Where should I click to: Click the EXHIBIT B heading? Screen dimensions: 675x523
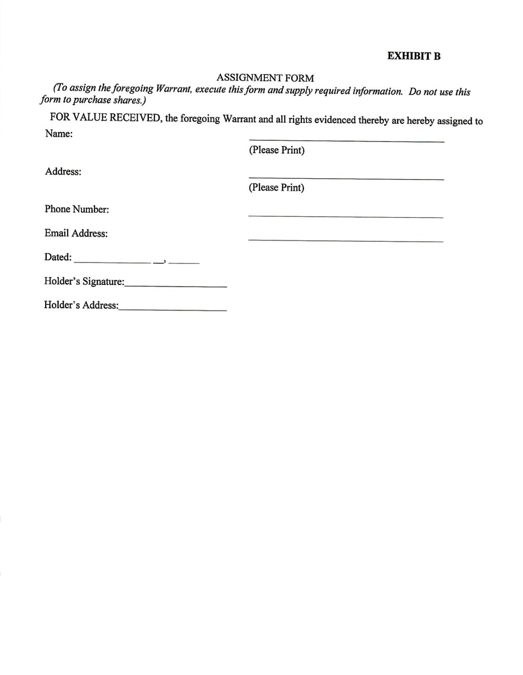(x=414, y=56)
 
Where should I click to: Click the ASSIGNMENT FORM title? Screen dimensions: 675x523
(x=265, y=78)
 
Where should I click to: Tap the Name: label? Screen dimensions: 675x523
(x=59, y=134)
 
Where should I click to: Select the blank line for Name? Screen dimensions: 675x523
(x=346, y=141)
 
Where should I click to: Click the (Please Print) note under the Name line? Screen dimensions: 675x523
(x=277, y=150)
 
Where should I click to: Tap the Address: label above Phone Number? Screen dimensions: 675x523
(x=63, y=171)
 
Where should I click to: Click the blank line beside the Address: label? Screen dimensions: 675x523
(x=346, y=179)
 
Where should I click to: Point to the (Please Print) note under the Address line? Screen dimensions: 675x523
(x=276, y=188)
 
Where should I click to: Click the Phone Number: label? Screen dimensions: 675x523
(x=77, y=209)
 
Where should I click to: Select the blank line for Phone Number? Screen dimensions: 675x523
(x=346, y=217)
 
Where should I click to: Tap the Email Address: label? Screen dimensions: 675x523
(x=76, y=233)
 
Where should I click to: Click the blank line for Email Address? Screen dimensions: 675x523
(x=346, y=241)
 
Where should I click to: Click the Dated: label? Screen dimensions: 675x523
(x=58, y=257)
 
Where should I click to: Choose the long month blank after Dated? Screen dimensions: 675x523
(x=113, y=262)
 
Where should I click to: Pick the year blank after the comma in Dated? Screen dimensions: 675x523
(x=184, y=263)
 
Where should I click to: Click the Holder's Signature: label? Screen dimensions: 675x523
(x=84, y=281)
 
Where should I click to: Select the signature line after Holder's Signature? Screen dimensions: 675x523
(x=176, y=286)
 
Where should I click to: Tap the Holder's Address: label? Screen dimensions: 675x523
(x=81, y=305)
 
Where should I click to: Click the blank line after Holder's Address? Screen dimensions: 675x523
(x=173, y=310)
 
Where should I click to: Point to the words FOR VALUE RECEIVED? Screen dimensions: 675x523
(x=106, y=117)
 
